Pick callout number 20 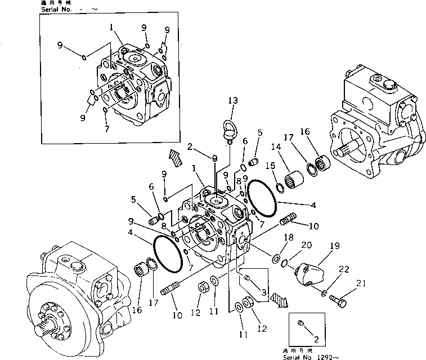pyautogui.click(x=305, y=245)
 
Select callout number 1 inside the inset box pyautogui.click(x=112, y=26)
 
